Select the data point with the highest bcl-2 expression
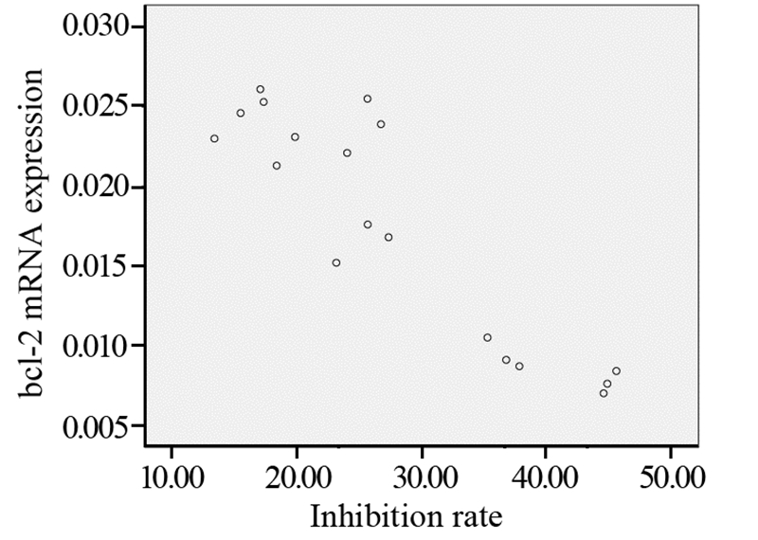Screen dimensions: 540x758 click(261, 89)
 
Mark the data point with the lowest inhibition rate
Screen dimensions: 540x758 click(214, 138)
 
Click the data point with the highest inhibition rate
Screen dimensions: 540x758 click(616, 370)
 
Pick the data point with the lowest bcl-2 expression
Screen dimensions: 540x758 click(604, 392)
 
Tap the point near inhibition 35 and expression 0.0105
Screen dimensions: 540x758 click(487, 337)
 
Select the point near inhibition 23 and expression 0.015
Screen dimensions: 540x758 click(336, 262)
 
